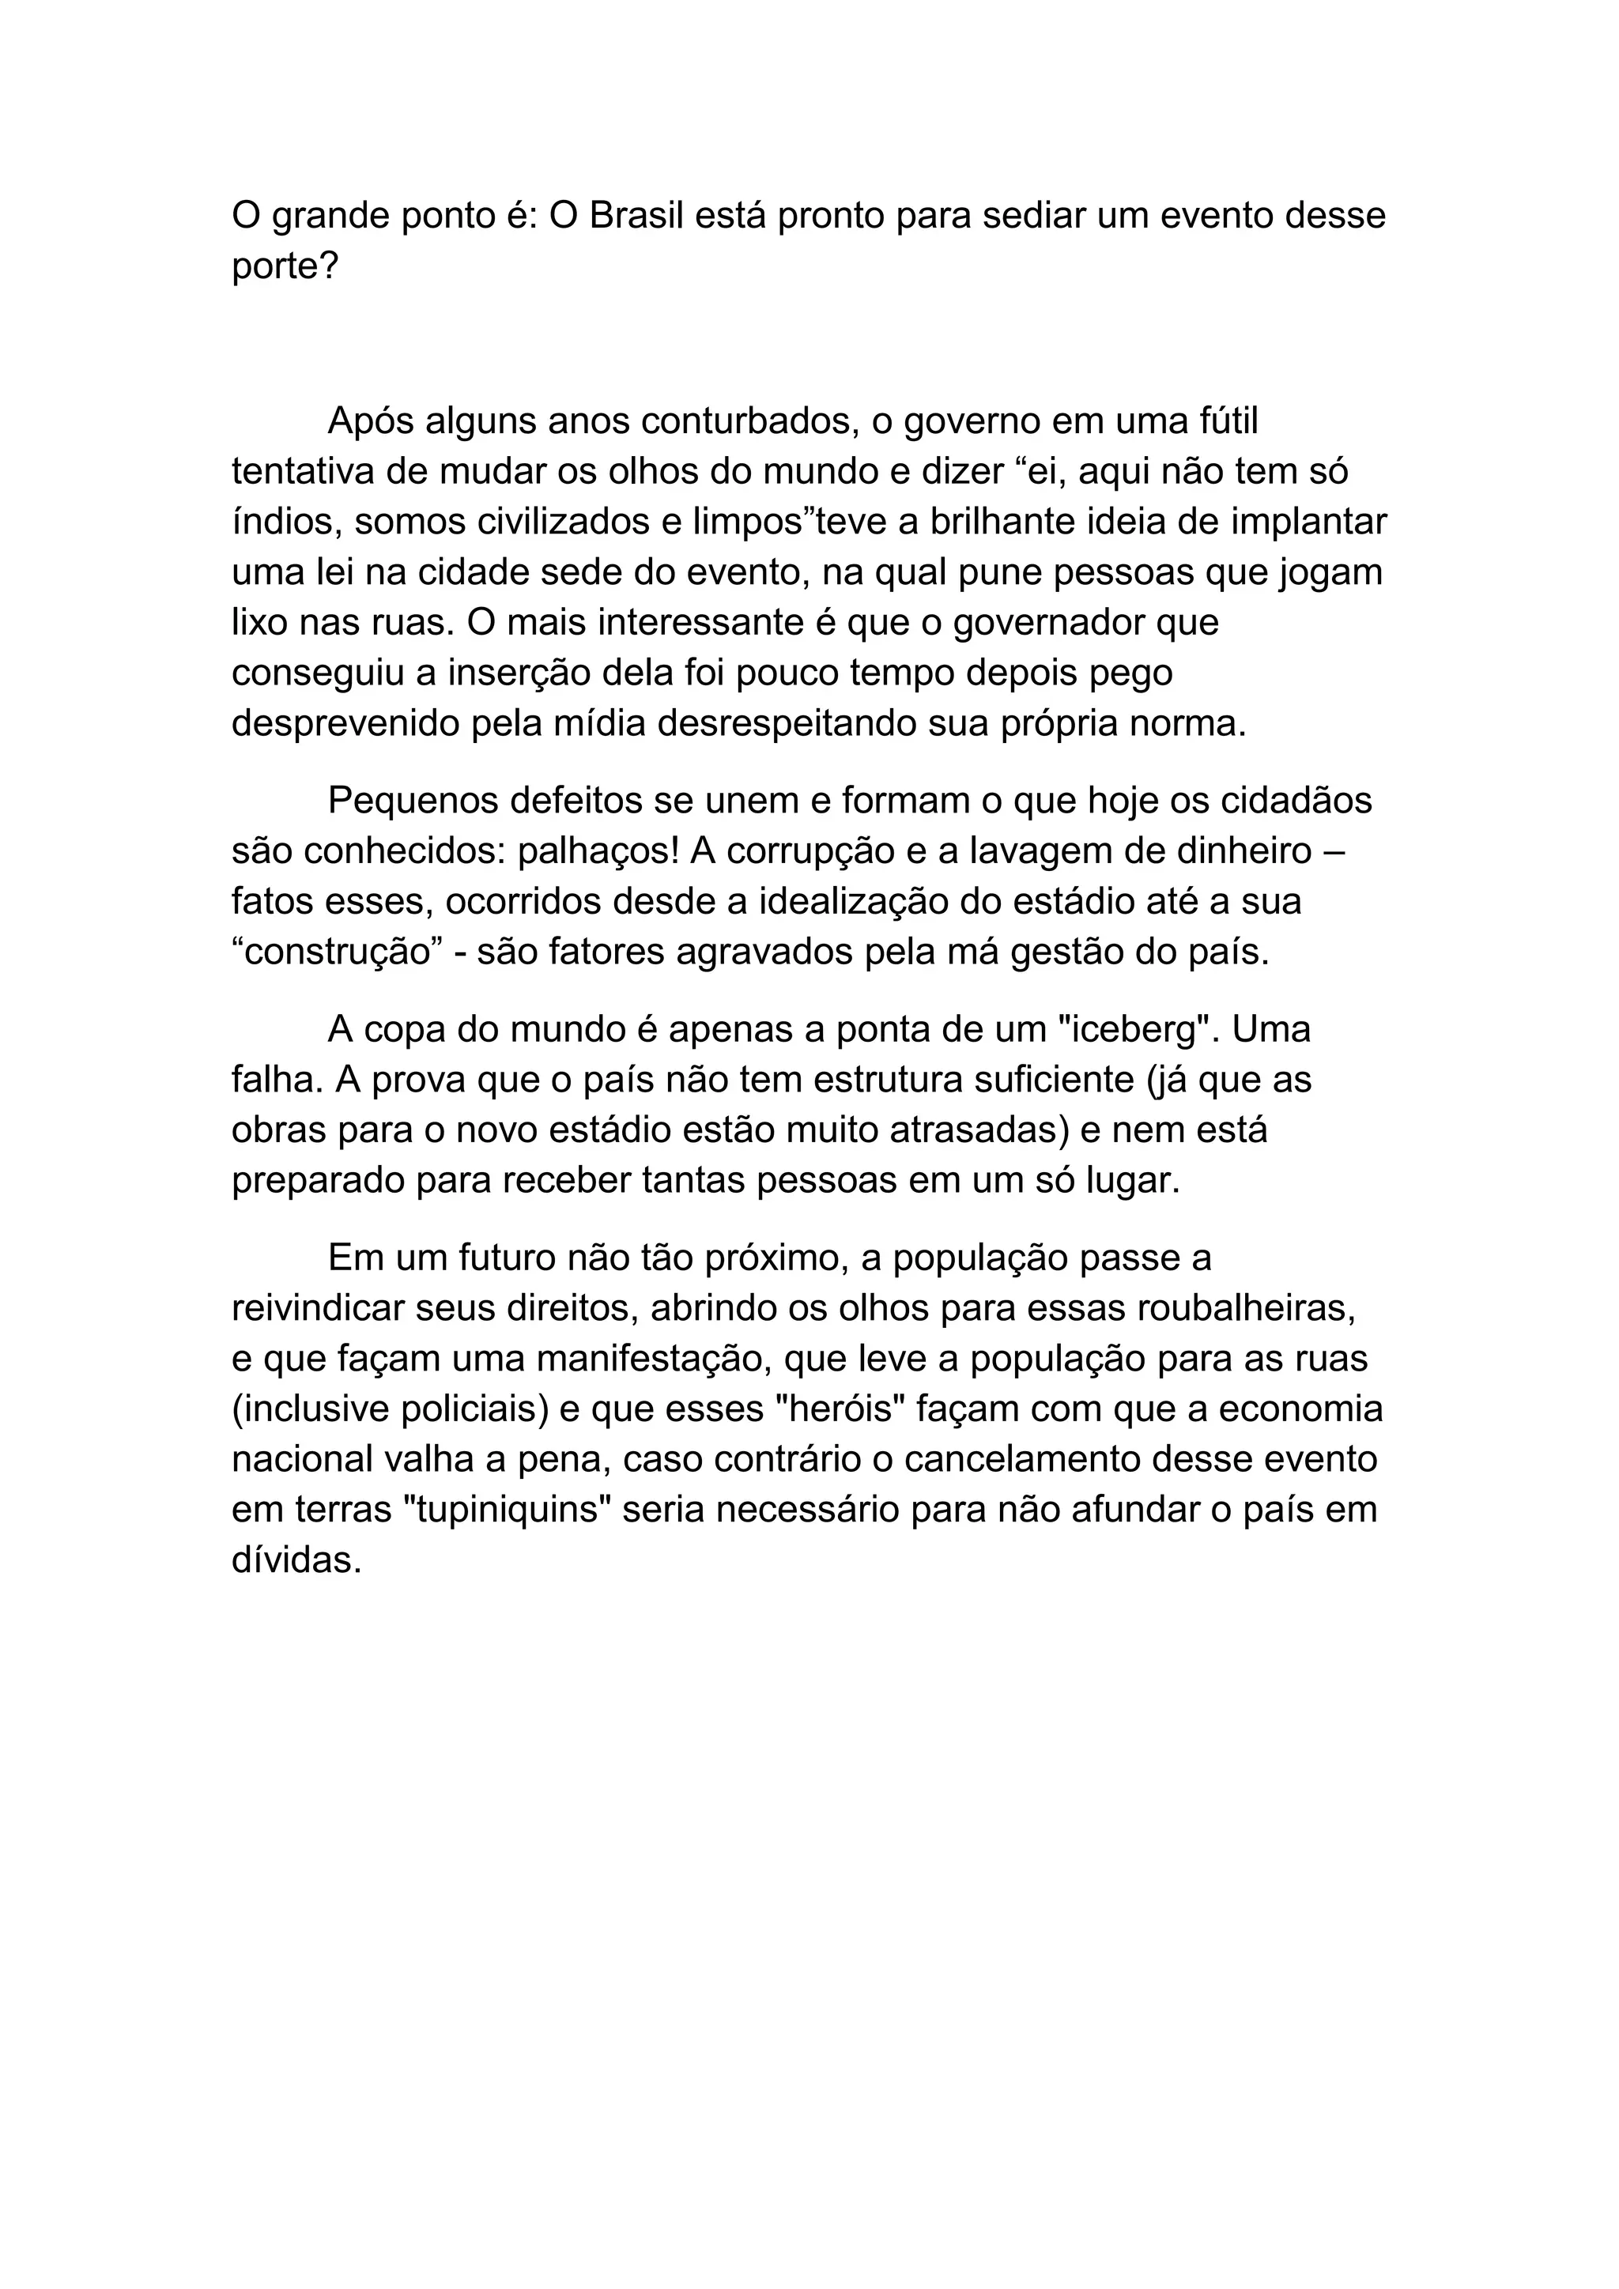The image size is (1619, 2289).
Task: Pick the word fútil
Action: [x=1225, y=422]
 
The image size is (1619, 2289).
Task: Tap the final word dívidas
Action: [x=296, y=1560]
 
